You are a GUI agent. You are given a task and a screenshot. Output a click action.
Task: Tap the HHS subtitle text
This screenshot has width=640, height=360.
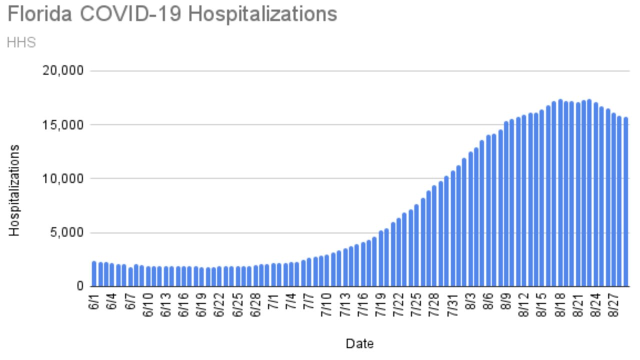pyautogui.click(x=21, y=42)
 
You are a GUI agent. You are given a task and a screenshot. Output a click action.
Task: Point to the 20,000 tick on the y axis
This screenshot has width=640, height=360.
pyautogui.click(x=63, y=71)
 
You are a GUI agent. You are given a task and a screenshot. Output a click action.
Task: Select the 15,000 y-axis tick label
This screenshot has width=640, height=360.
pyautogui.click(x=63, y=125)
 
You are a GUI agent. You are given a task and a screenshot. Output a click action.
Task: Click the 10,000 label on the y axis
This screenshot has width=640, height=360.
pyautogui.click(x=63, y=179)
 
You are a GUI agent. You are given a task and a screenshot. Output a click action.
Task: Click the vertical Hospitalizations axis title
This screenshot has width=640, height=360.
pyautogui.click(x=14, y=190)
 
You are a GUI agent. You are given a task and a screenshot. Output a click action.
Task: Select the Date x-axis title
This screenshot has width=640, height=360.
pyautogui.click(x=359, y=343)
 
